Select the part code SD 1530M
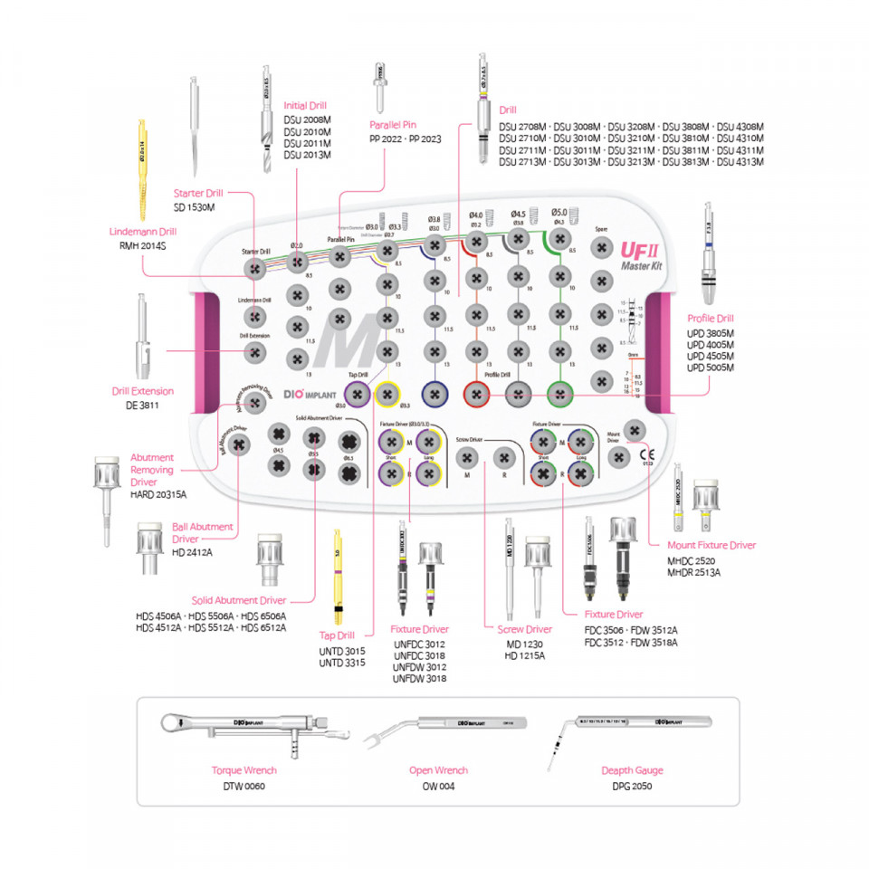(195, 207)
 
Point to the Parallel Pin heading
(391, 126)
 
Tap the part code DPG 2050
(632, 786)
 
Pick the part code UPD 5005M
(711, 368)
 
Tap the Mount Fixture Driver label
(711, 545)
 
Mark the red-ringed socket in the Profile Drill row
(476, 393)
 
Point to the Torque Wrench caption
(244, 770)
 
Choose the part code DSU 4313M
(740, 162)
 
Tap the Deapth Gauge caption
(632, 770)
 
